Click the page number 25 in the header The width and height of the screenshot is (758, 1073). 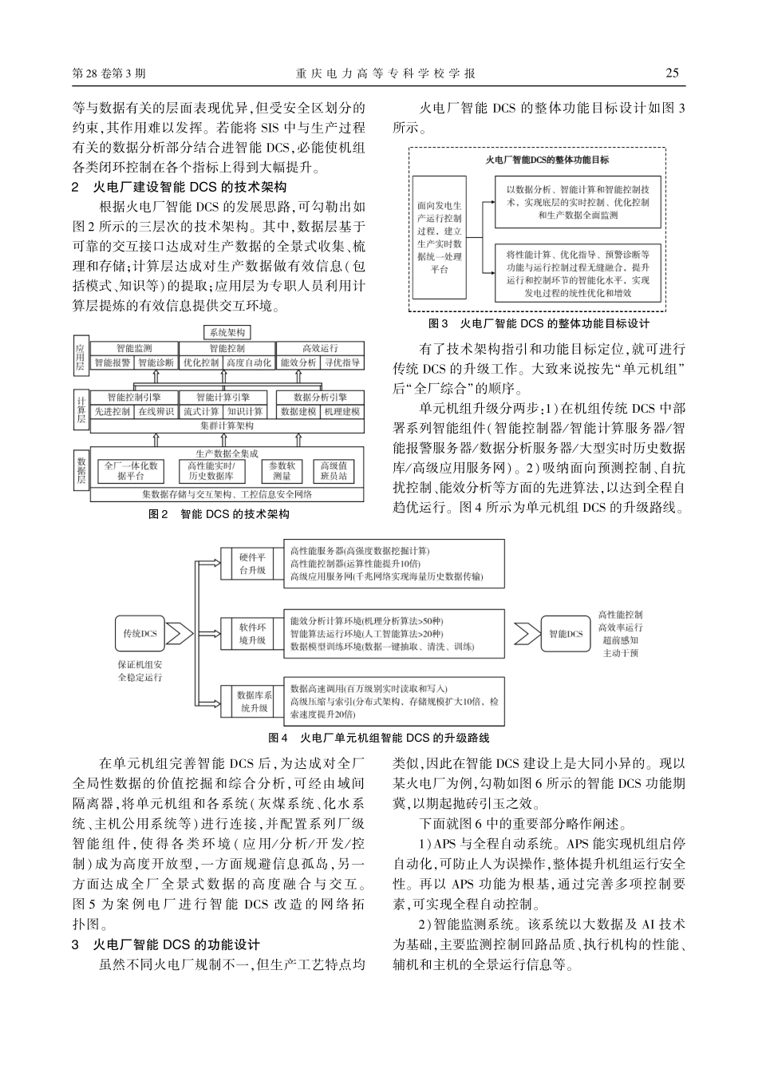point(672,73)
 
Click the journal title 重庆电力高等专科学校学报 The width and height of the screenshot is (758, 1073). point(386,73)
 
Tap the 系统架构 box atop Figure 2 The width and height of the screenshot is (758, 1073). point(227,332)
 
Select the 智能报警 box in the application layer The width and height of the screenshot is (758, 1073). point(113,362)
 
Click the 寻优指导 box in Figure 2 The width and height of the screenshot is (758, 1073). point(343,362)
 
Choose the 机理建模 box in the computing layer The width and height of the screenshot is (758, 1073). point(342,412)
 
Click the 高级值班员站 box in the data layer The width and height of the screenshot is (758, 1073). point(334,471)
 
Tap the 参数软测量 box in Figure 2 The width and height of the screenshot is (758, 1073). point(282,471)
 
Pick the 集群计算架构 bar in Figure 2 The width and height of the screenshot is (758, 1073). point(227,426)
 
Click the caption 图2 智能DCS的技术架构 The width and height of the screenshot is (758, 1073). point(219,515)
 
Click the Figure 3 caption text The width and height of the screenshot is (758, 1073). point(539,324)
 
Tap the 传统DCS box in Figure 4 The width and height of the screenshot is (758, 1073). point(140,634)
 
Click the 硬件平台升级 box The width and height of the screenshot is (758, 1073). point(253,564)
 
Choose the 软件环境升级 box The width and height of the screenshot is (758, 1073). point(253,634)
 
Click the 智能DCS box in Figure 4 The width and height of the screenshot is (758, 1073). point(566,634)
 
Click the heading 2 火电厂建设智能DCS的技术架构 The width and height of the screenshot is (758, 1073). point(179,188)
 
